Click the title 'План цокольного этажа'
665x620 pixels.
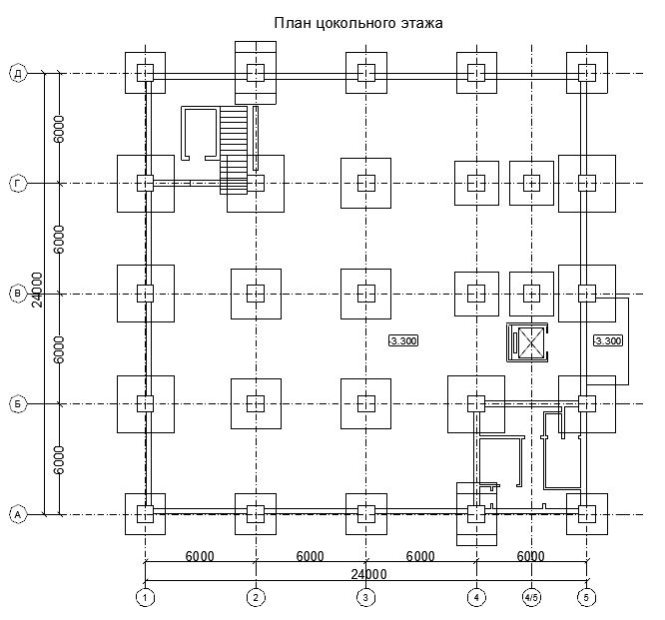[358, 23]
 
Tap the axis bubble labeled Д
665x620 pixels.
[18, 73]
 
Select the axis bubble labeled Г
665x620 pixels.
[18, 184]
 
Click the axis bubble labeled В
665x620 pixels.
[18, 294]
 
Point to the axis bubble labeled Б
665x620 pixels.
[18, 404]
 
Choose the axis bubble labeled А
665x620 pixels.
[18, 514]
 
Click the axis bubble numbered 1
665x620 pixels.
[145, 597]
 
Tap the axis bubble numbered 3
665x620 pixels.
[366, 597]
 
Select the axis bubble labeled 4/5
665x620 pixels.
[531, 597]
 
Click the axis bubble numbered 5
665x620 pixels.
[586, 597]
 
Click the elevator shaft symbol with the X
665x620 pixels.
[527, 342]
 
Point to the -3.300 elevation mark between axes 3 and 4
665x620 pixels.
[403, 340]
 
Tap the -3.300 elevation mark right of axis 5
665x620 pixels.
[608, 340]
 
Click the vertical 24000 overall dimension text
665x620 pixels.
[37, 290]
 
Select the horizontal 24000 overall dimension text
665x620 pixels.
[368, 574]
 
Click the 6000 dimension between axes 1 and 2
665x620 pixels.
[200, 556]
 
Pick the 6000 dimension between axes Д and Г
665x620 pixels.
[59, 129]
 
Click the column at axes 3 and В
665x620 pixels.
[366, 294]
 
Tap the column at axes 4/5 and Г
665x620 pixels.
[531, 183]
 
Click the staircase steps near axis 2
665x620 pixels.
[234, 150]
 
